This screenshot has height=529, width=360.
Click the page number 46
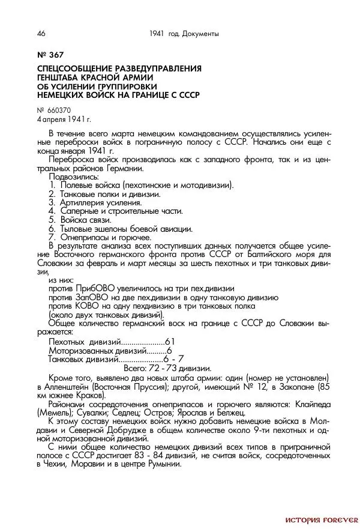(41, 34)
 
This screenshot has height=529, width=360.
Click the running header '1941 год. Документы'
(184, 34)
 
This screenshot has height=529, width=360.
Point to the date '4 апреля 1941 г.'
(64, 119)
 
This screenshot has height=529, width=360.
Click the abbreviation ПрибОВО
(97, 289)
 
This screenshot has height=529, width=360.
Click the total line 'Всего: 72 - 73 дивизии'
(167, 367)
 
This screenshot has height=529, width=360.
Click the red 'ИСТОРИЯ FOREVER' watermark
(321, 519)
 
